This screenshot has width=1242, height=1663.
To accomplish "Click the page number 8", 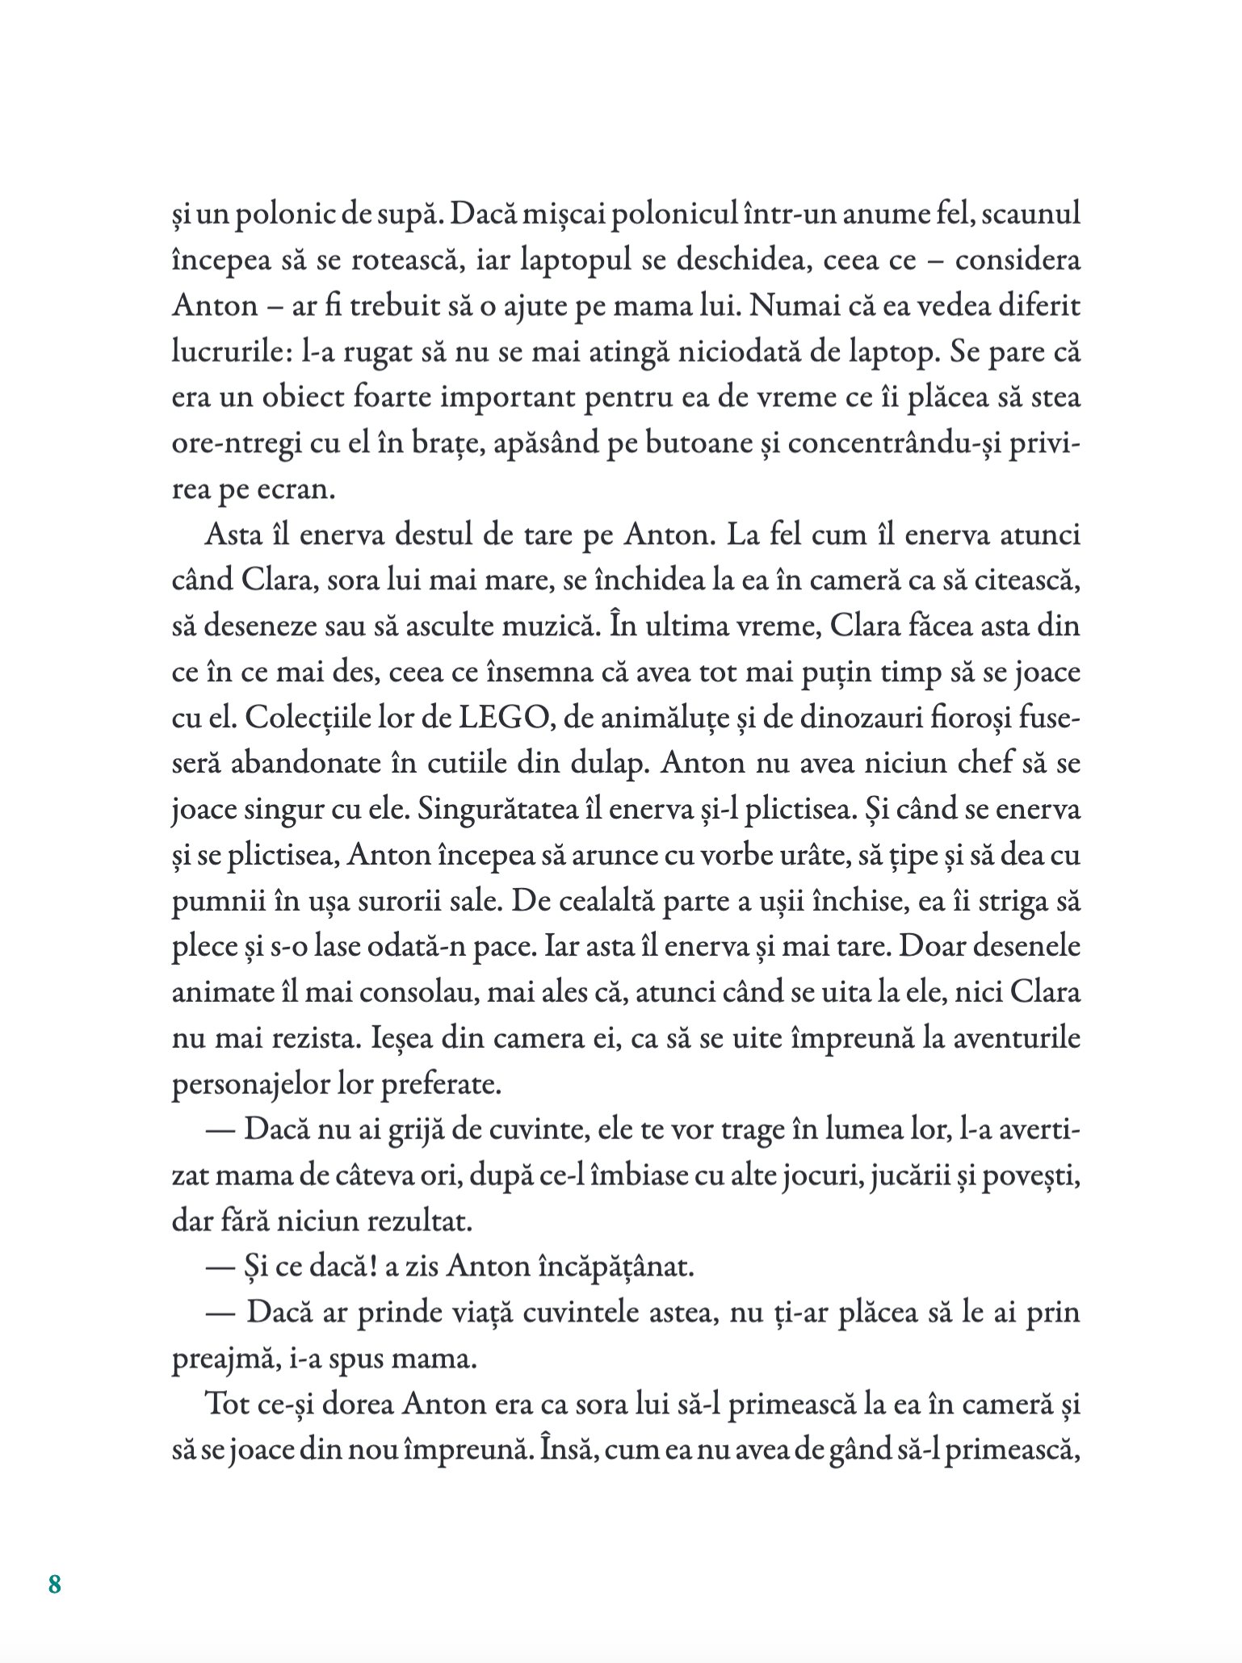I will [x=55, y=1584].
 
